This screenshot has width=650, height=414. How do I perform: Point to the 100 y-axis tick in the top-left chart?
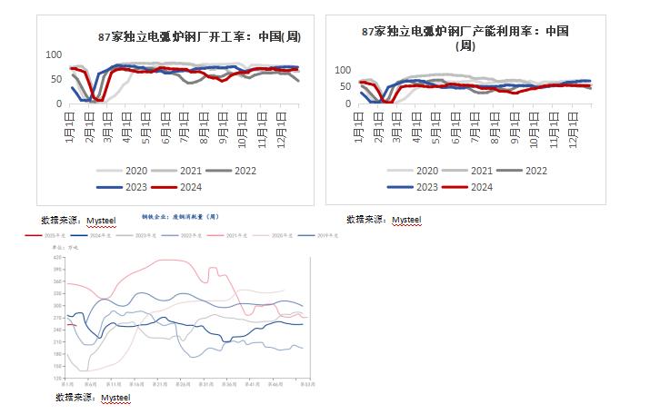point(53,55)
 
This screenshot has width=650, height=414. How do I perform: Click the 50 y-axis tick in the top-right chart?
point(344,86)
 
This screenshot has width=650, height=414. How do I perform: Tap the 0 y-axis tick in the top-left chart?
point(58,103)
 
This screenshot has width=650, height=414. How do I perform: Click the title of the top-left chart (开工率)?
point(199,37)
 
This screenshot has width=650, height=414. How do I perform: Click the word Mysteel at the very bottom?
point(115,398)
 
